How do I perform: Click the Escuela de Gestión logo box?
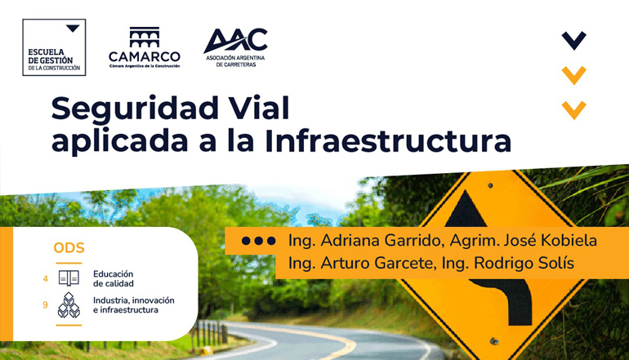(x=54, y=47)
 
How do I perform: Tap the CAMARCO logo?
(x=145, y=47)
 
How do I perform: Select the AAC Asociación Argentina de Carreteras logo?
(x=235, y=47)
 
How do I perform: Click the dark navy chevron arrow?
(x=574, y=41)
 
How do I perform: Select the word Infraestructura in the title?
(x=388, y=140)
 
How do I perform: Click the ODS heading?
(x=69, y=248)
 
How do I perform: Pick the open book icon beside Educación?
(x=69, y=278)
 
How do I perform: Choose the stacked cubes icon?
(x=69, y=305)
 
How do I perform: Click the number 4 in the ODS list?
(x=45, y=278)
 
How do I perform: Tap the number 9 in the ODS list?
(x=45, y=305)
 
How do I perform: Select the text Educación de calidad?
(x=114, y=278)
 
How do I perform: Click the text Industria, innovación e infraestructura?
(x=134, y=305)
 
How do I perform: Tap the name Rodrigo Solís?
(x=524, y=263)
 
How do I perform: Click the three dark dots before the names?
(x=259, y=241)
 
